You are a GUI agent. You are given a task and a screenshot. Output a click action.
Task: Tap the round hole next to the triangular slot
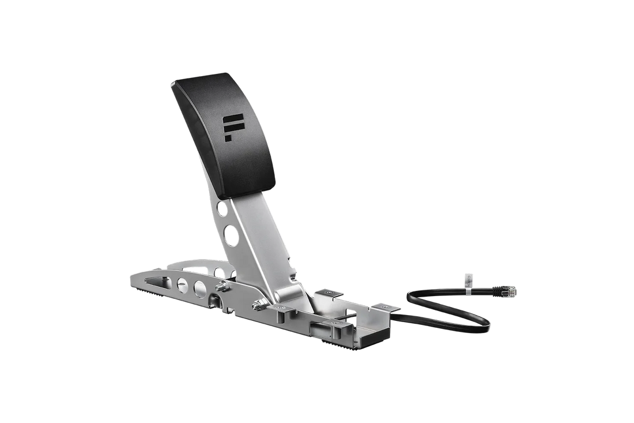click(x=183, y=282)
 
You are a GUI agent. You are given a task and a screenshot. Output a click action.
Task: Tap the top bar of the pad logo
click(x=236, y=118)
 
